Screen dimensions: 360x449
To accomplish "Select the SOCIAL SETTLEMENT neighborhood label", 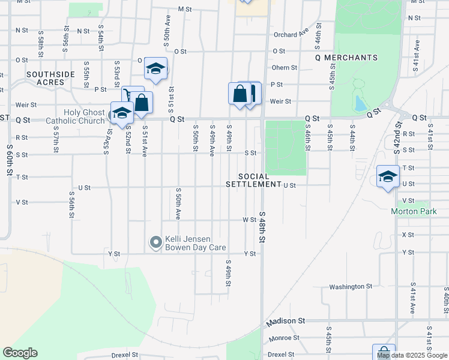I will tap(253, 180).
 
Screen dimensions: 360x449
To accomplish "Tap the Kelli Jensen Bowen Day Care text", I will tap(194, 243).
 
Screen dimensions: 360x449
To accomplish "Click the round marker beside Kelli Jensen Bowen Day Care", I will tap(156, 243).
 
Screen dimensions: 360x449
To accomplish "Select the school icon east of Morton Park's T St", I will tap(388, 177).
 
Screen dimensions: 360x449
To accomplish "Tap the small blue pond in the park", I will tap(360, 104).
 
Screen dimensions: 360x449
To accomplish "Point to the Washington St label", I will tap(351, 287).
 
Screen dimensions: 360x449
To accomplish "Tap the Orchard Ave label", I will tap(291, 35).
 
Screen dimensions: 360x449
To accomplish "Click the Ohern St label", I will tap(285, 68).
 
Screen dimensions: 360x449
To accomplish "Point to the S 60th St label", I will tap(10, 160).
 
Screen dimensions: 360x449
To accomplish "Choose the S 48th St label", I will tap(263, 226).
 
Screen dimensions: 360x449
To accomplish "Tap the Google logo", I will tap(20, 353).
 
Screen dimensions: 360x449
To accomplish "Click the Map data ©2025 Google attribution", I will tap(412, 355).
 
